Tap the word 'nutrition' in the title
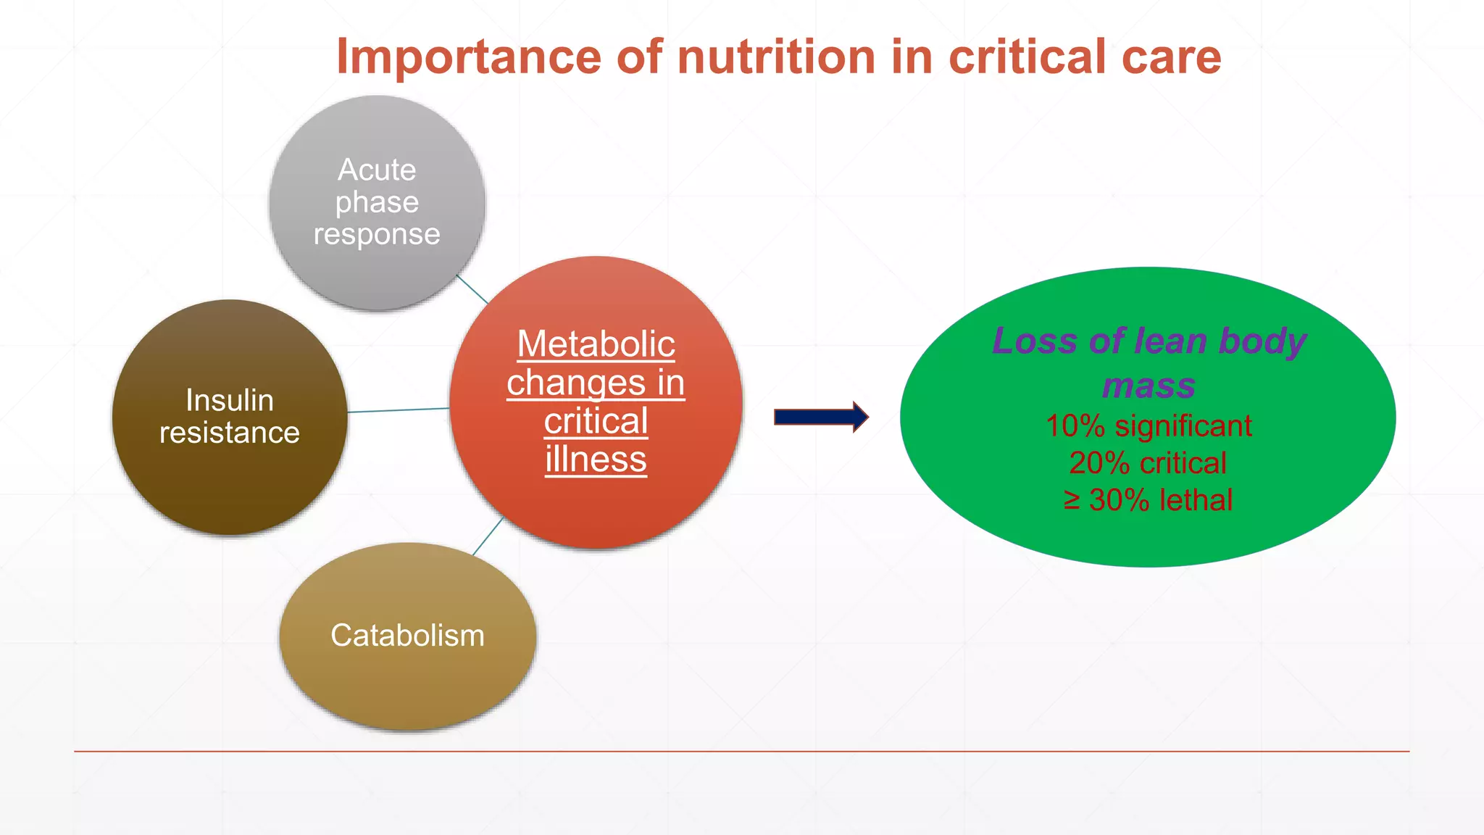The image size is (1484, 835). [776, 57]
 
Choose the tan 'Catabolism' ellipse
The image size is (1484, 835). [407, 681]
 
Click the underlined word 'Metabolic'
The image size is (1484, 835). [596, 344]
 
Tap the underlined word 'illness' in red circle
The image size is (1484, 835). [596, 460]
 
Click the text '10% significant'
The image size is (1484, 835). [1149, 426]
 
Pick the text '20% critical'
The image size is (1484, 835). [1148, 463]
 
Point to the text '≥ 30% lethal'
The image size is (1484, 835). [1148, 500]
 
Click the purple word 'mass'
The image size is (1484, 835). [1149, 386]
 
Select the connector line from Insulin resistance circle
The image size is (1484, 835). [399, 410]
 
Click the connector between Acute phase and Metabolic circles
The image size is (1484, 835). [472, 289]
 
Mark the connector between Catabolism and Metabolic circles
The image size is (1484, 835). [488, 537]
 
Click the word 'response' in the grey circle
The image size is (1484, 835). [377, 234]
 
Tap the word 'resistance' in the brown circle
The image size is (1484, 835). [230, 433]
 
